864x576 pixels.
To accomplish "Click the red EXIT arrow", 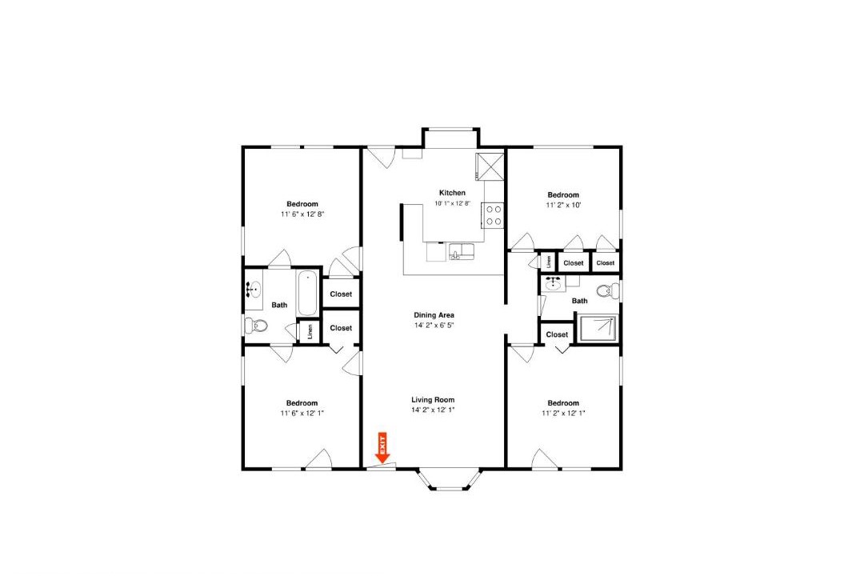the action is (382, 447).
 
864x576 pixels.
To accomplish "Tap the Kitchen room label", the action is (452, 193).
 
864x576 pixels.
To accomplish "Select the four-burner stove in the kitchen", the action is (494, 215).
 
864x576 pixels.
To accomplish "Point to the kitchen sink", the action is (462, 251).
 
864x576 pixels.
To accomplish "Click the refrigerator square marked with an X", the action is (490, 166).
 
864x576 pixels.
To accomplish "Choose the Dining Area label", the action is (434, 315).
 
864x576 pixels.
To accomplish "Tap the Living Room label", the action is (433, 400).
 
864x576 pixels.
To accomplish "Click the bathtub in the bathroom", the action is (307, 293).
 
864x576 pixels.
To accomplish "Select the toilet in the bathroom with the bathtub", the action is (257, 326).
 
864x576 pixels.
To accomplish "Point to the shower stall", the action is (597, 329).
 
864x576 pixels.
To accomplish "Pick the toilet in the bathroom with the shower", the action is (608, 290).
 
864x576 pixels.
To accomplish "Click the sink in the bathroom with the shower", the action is (553, 285).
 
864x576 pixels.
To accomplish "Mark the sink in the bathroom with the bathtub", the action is (254, 290).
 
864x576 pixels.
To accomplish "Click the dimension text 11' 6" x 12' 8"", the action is (302, 214).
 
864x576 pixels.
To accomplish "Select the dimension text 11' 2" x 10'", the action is (563, 205).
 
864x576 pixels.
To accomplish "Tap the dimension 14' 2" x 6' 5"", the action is (434, 326).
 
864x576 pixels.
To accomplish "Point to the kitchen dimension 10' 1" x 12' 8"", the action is (452, 203).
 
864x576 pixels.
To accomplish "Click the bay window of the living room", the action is (448, 481).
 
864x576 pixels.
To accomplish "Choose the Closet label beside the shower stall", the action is (557, 334).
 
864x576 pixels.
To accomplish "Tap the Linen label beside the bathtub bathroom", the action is (310, 332).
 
